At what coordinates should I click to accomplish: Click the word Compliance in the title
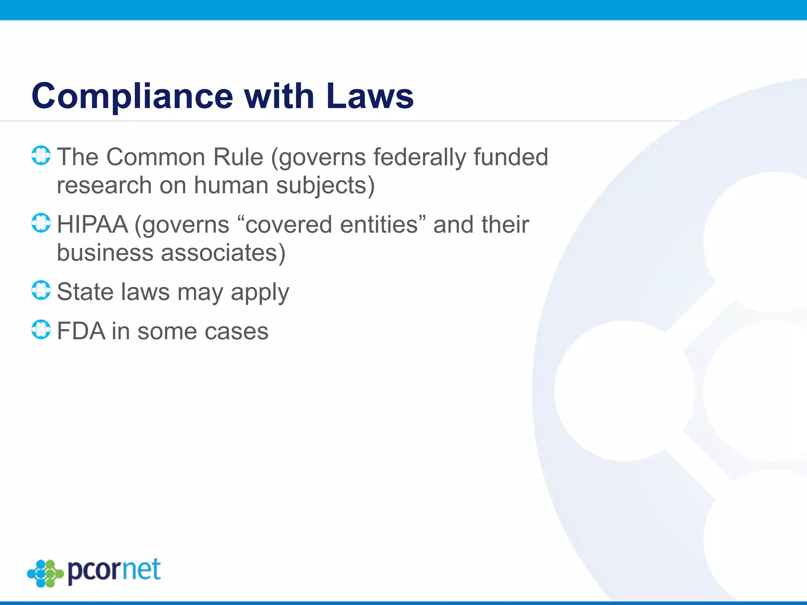[x=132, y=97]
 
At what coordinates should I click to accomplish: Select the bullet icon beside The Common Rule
[x=41, y=156]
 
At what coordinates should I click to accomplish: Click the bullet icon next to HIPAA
[x=41, y=223]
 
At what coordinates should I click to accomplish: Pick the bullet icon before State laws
[x=41, y=290]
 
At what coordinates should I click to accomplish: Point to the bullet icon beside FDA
[x=41, y=330]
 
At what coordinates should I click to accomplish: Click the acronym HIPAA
[x=93, y=225]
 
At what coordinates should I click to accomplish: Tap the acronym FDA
[x=81, y=331]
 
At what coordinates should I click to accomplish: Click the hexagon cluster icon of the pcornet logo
[x=45, y=573]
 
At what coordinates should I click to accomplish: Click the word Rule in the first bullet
[x=238, y=157]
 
